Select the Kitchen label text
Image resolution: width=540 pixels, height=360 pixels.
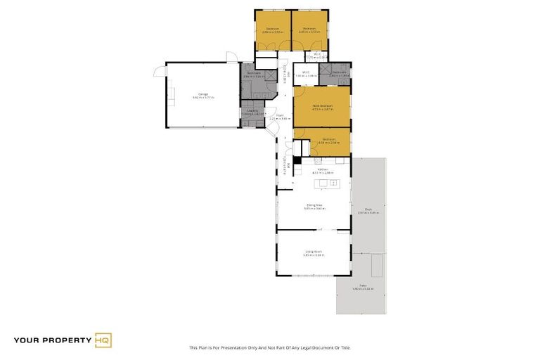323,170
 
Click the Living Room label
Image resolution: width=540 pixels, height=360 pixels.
313,252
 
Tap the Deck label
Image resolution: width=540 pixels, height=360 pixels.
368,210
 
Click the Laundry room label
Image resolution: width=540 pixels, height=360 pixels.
249,111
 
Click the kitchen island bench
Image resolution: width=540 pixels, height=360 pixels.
328,184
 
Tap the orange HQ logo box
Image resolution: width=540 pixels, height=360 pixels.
103,340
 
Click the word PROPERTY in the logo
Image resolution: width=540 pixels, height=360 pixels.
66,340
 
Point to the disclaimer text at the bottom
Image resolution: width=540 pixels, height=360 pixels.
269,347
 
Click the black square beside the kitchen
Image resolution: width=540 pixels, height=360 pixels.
297,160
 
